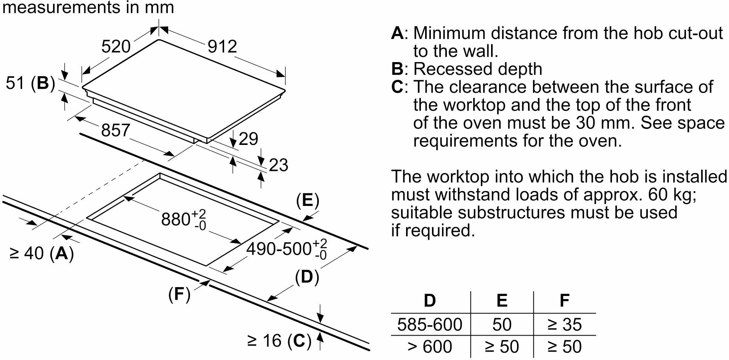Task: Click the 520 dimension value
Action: point(116,47)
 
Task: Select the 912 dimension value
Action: point(222,47)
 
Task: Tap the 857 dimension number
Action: point(116,130)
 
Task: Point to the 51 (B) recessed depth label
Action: point(31,83)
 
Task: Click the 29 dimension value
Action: point(248,139)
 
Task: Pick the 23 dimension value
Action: point(278,165)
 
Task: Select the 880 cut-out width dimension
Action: point(183,220)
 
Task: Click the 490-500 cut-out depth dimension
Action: point(286,249)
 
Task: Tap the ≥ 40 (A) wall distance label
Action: point(42,253)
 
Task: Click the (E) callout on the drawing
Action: point(307,201)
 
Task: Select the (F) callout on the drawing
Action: point(179,294)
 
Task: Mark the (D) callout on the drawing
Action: point(307,277)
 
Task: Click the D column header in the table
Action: point(430,301)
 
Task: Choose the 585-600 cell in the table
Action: point(430,325)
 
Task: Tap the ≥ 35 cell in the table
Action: point(564,325)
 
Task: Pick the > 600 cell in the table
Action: point(430,347)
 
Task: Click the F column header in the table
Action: point(564,301)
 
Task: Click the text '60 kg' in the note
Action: point(672,195)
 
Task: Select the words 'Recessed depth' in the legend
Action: point(478,69)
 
